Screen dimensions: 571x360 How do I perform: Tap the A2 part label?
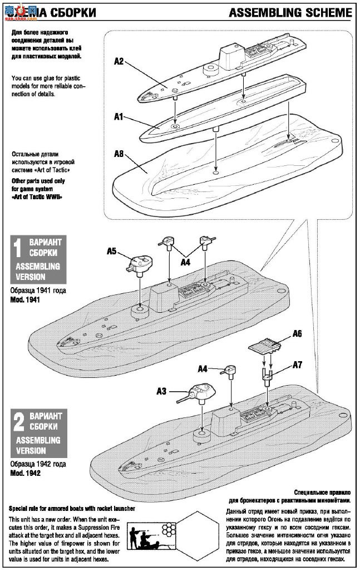pyautogui.click(x=119, y=61)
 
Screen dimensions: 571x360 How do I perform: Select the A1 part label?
pyautogui.click(x=119, y=117)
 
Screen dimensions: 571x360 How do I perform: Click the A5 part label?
pyautogui.click(x=111, y=251)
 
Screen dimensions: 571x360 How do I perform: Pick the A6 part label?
pyautogui.click(x=298, y=334)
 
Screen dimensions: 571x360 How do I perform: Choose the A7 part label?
pyautogui.click(x=298, y=365)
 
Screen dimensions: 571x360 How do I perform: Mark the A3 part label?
pyautogui.click(x=161, y=391)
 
